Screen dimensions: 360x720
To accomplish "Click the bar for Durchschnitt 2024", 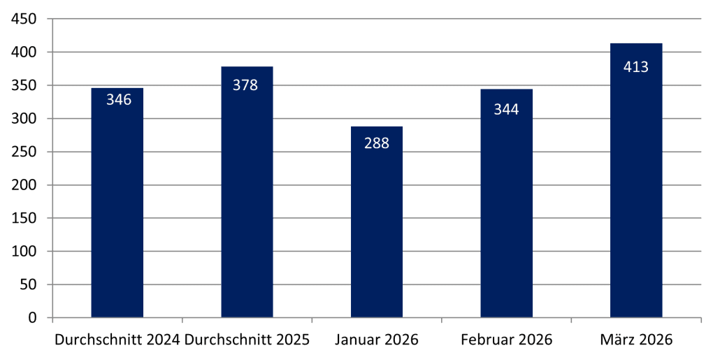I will [x=117, y=210].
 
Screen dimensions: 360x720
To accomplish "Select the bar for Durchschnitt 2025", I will [x=247, y=203].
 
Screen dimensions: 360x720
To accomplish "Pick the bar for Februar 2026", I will [x=506, y=210].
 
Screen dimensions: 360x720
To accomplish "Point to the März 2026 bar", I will [x=636, y=189].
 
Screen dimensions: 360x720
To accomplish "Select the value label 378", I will [x=245, y=85].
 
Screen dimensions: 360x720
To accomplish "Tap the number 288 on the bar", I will [x=377, y=143].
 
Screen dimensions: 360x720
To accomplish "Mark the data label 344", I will [x=506, y=109].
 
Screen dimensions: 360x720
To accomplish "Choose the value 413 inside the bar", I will [x=636, y=67].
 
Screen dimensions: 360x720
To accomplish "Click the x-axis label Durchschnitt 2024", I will [x=117, y=340].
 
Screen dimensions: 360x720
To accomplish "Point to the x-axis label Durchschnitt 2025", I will [x=247, y=340].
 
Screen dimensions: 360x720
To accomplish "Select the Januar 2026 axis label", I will [x=377, y=340].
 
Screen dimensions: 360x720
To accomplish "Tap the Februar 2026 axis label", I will [x=506, y=340].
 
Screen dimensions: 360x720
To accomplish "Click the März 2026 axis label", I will [x=636, y=340].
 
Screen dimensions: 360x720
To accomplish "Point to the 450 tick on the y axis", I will [x=24, y=20].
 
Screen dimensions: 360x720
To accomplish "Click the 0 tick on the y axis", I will [x=33, y=318].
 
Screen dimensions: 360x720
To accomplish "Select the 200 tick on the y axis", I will [x=24, y=185].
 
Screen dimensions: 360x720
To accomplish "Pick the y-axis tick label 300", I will [x=24, y=119].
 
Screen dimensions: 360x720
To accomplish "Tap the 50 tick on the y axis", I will [x=28, y=285].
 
